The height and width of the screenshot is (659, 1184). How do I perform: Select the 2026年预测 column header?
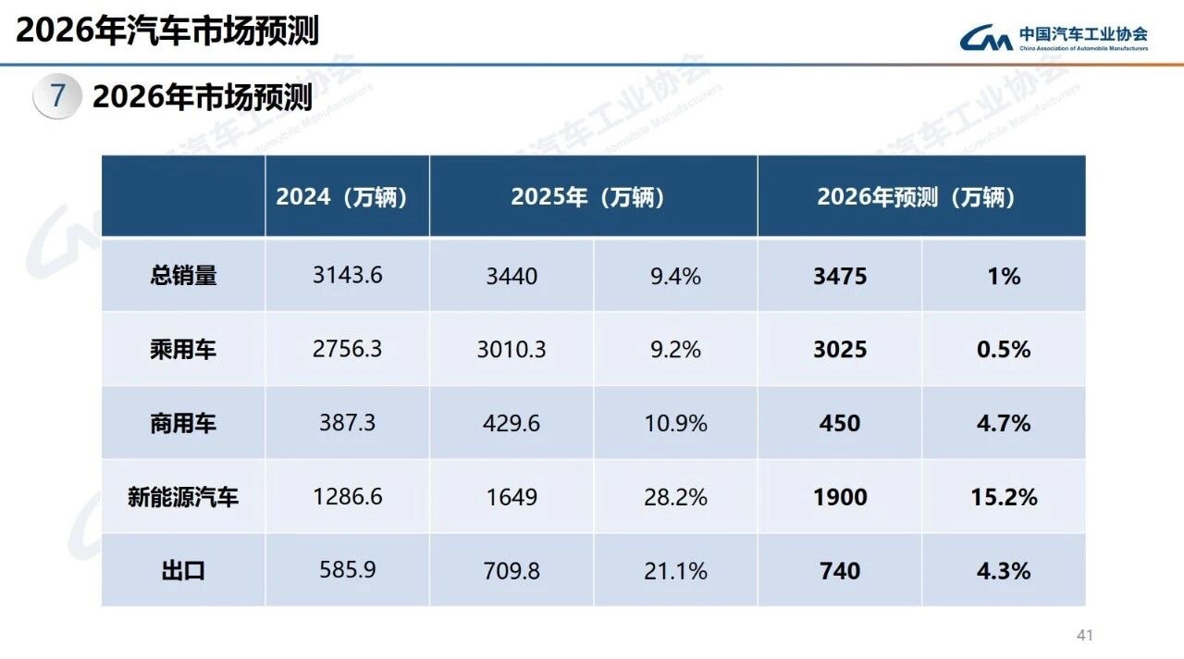pos(920,197)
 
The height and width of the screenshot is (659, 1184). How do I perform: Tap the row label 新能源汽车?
pos(183,497)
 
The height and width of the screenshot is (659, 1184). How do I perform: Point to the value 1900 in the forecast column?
pos(840,497)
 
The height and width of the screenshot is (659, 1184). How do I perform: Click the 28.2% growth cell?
pos(675,497)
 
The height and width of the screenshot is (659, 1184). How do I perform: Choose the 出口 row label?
pos(183,571)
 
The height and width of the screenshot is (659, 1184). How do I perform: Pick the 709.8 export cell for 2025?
pos(512,571)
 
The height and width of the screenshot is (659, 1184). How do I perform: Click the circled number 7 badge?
pos(58,96)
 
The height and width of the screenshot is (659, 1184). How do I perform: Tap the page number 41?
pos(1085,635)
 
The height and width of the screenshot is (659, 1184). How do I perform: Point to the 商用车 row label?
pos(183,424)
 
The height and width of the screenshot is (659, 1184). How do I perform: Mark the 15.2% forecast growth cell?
pos(1004,497)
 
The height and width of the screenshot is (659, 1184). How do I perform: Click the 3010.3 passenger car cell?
pos(512,350)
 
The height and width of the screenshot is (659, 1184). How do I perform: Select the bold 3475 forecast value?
pos(840,276)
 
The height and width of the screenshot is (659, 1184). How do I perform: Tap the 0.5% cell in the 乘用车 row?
pos(1004,350)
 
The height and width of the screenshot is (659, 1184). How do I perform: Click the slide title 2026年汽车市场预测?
pos(167,30)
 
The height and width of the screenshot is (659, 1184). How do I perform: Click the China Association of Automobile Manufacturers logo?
pos(1054,37)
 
